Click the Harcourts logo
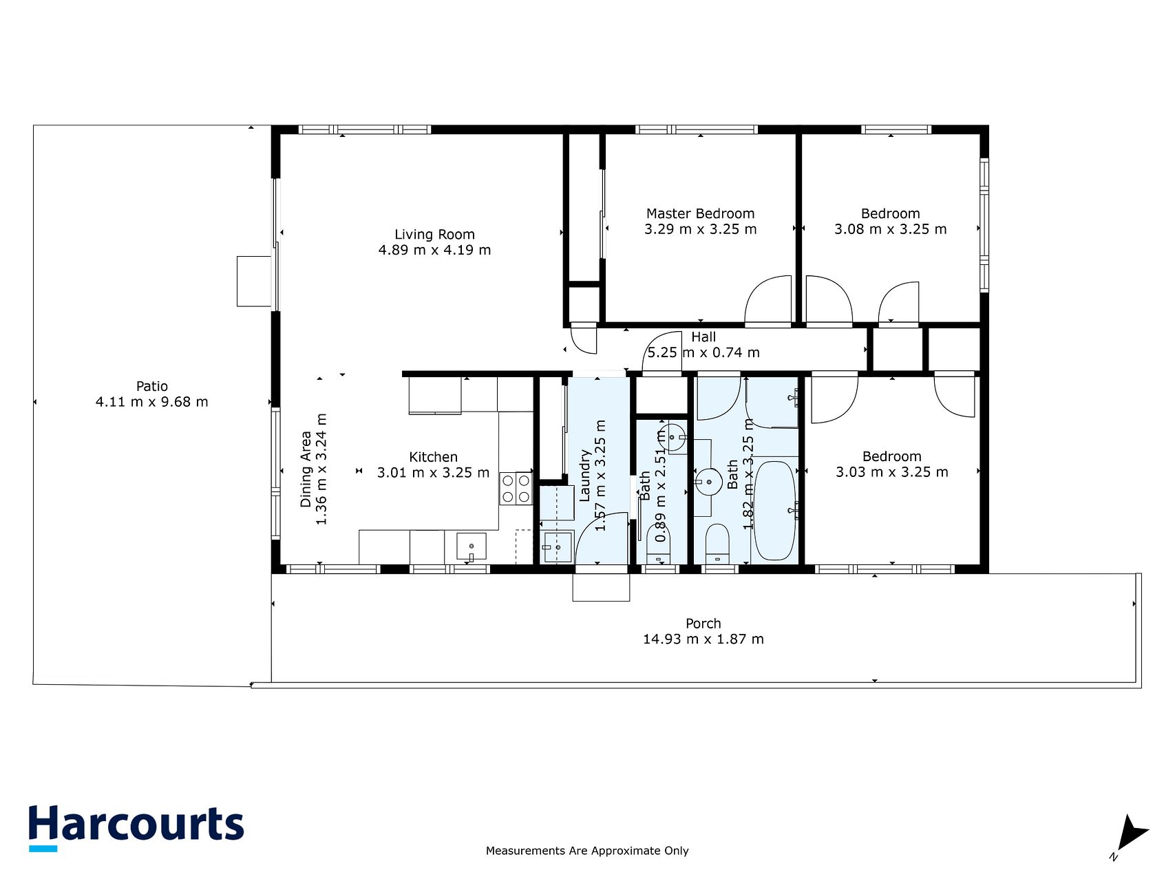pos(136,828)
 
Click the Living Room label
pos(434,235)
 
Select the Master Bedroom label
pos(700,213)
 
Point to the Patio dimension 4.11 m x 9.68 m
pos(151,402)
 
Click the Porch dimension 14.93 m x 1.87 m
pos(703,639)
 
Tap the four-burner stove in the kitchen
pos(516,489)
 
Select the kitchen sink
pos(472,547)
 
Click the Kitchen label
pos(433,457)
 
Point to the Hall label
pos(703,337)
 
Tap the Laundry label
pos(585,476)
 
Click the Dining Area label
pos(306,469)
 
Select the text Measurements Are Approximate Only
pos(587,851)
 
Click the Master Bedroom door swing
pos(769,300)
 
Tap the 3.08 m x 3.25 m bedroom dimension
pos(890,229)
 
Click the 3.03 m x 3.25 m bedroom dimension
pos(891,472)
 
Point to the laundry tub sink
pos(557,547)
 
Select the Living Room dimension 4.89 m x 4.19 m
pos(434,250)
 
